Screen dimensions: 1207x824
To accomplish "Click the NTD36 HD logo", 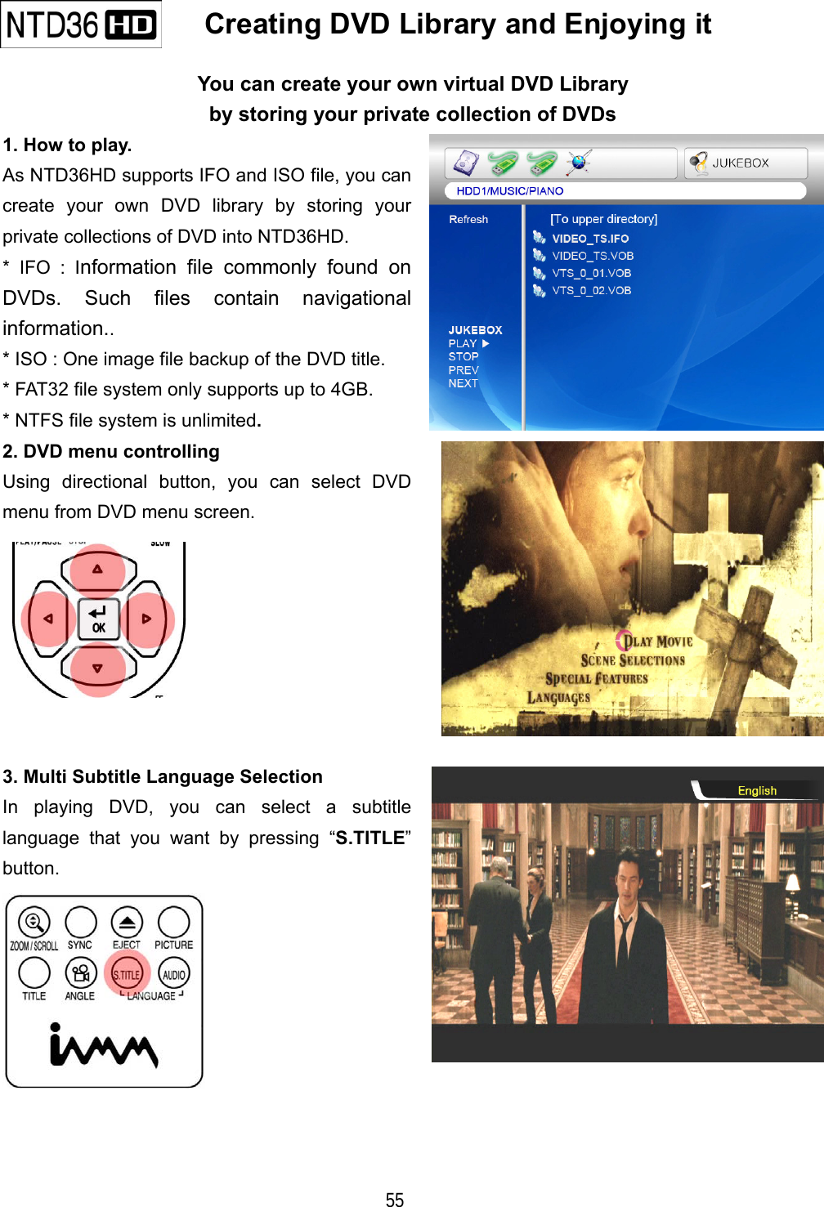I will coord(81,25).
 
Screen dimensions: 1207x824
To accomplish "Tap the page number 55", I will coord(395,1199).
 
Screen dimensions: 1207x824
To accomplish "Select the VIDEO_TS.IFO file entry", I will coord(589,239).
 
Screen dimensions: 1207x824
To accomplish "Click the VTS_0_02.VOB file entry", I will coord(591,290).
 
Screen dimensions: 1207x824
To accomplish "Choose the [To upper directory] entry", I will coord(603,219).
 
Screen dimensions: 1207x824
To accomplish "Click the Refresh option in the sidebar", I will coord(468,219).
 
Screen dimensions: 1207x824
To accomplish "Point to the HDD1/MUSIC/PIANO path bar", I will coord(510,191).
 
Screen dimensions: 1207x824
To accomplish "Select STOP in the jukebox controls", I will coord(463,356).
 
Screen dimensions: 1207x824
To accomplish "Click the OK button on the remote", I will coord(98,619).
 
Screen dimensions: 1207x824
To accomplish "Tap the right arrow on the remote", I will coord(147,619).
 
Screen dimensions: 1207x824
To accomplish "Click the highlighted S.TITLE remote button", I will coord(127,973).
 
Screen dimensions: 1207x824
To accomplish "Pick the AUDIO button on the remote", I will coord(174,973).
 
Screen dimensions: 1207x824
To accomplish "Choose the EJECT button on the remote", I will coord(127,923).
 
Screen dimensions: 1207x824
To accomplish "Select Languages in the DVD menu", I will coord(558,698).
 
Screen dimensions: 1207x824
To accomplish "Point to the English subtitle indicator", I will coord(757,790).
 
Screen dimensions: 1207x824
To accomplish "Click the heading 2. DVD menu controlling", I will coord(111,451).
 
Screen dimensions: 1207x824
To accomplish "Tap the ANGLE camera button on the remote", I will coord(80,973).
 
